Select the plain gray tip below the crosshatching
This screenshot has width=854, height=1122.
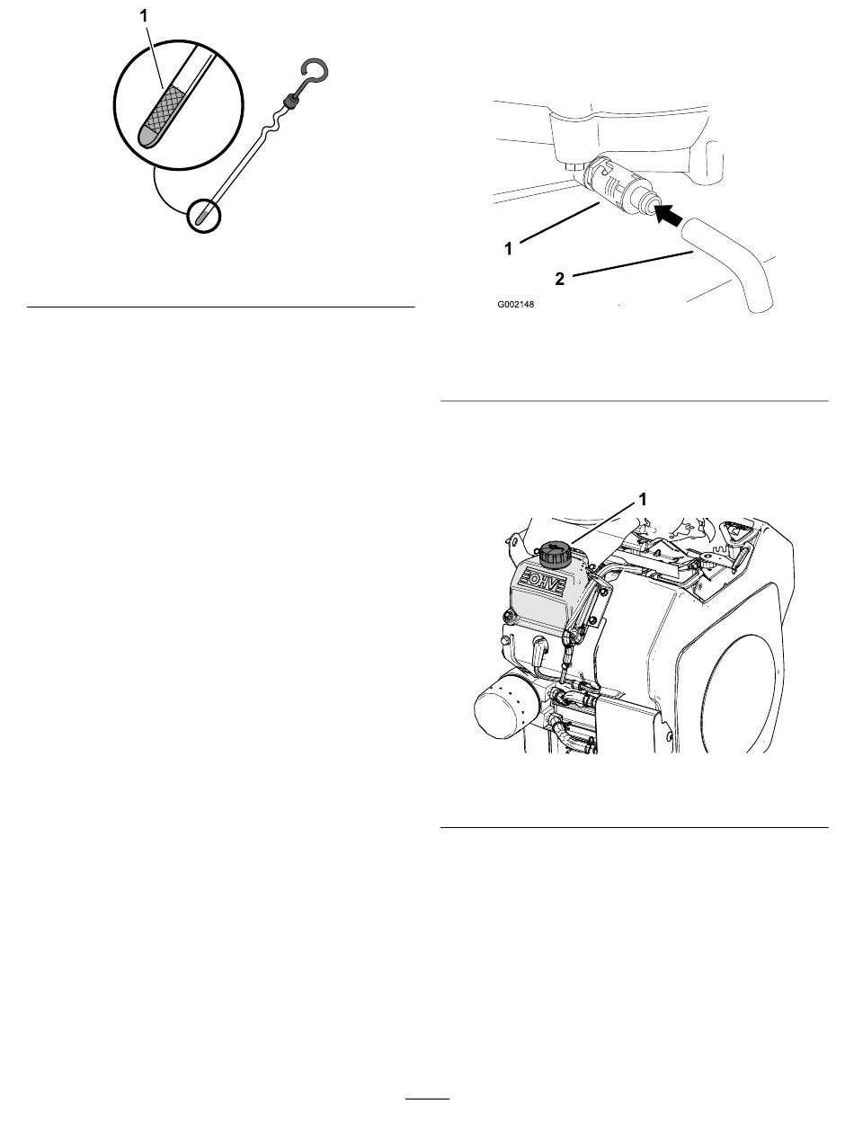click(148, 137)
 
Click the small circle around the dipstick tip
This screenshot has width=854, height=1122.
click(204, 218)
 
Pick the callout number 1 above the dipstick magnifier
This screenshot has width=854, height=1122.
click(144, 16)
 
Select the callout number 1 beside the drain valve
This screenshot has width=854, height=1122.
click(508, 249)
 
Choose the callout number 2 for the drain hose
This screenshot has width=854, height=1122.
click(560, 279)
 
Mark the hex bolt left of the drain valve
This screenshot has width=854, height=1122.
click(574, 166)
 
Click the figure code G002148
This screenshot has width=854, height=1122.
click(516, 305)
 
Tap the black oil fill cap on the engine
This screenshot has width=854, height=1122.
click(554, 554)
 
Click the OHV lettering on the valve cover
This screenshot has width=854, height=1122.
click(542, 581)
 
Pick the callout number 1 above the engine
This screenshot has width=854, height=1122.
click(643, 499)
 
